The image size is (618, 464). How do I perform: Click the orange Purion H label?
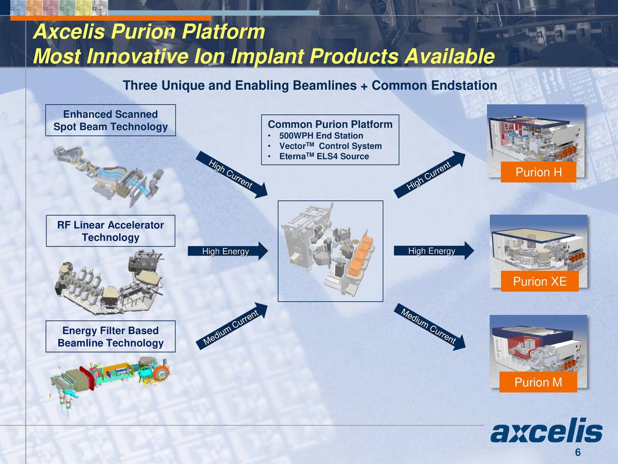[538, 172]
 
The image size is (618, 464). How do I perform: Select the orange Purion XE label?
[540, 281]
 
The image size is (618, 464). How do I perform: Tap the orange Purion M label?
[538, 382]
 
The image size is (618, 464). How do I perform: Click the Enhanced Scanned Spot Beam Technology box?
[111, 120]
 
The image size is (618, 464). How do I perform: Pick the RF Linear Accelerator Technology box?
[111, 231]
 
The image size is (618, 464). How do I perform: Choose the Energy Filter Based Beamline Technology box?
[111, 336]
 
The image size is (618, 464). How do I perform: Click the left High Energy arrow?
[228, 251]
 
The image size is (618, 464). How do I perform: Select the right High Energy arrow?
[434, 250]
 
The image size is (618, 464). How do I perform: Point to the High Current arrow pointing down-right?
[232, 174]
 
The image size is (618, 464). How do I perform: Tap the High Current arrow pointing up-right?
[430, 174]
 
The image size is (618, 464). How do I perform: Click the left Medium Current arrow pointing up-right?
[232, 326]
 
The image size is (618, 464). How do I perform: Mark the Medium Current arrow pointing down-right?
[430, 327]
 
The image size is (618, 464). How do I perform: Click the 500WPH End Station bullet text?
[321, 136]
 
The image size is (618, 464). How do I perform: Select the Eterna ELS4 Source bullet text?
[324, 156]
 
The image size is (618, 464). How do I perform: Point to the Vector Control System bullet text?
[330, 146]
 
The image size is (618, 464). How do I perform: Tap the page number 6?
[578, 452]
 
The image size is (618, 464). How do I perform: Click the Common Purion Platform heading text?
[330, 124]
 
